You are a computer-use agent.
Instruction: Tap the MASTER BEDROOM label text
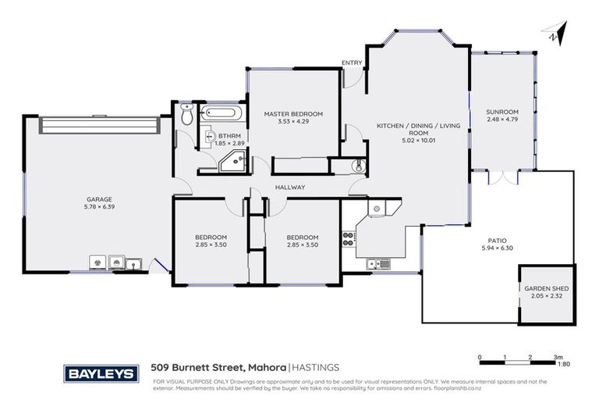(x=292, y=114)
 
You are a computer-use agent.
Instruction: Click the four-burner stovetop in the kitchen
(x=348, y=238)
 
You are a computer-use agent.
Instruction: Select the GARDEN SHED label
(x=546, y=288)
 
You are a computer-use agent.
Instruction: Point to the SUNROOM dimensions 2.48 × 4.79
(x=503, y=119)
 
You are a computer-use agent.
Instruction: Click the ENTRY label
(x=350, y=62)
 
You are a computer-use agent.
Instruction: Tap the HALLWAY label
(x=289, y=187)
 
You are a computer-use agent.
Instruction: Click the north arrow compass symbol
(x=553, y=34)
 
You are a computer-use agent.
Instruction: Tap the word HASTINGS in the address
(x=316, y=367)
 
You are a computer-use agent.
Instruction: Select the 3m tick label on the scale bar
(x=558, y=357)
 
